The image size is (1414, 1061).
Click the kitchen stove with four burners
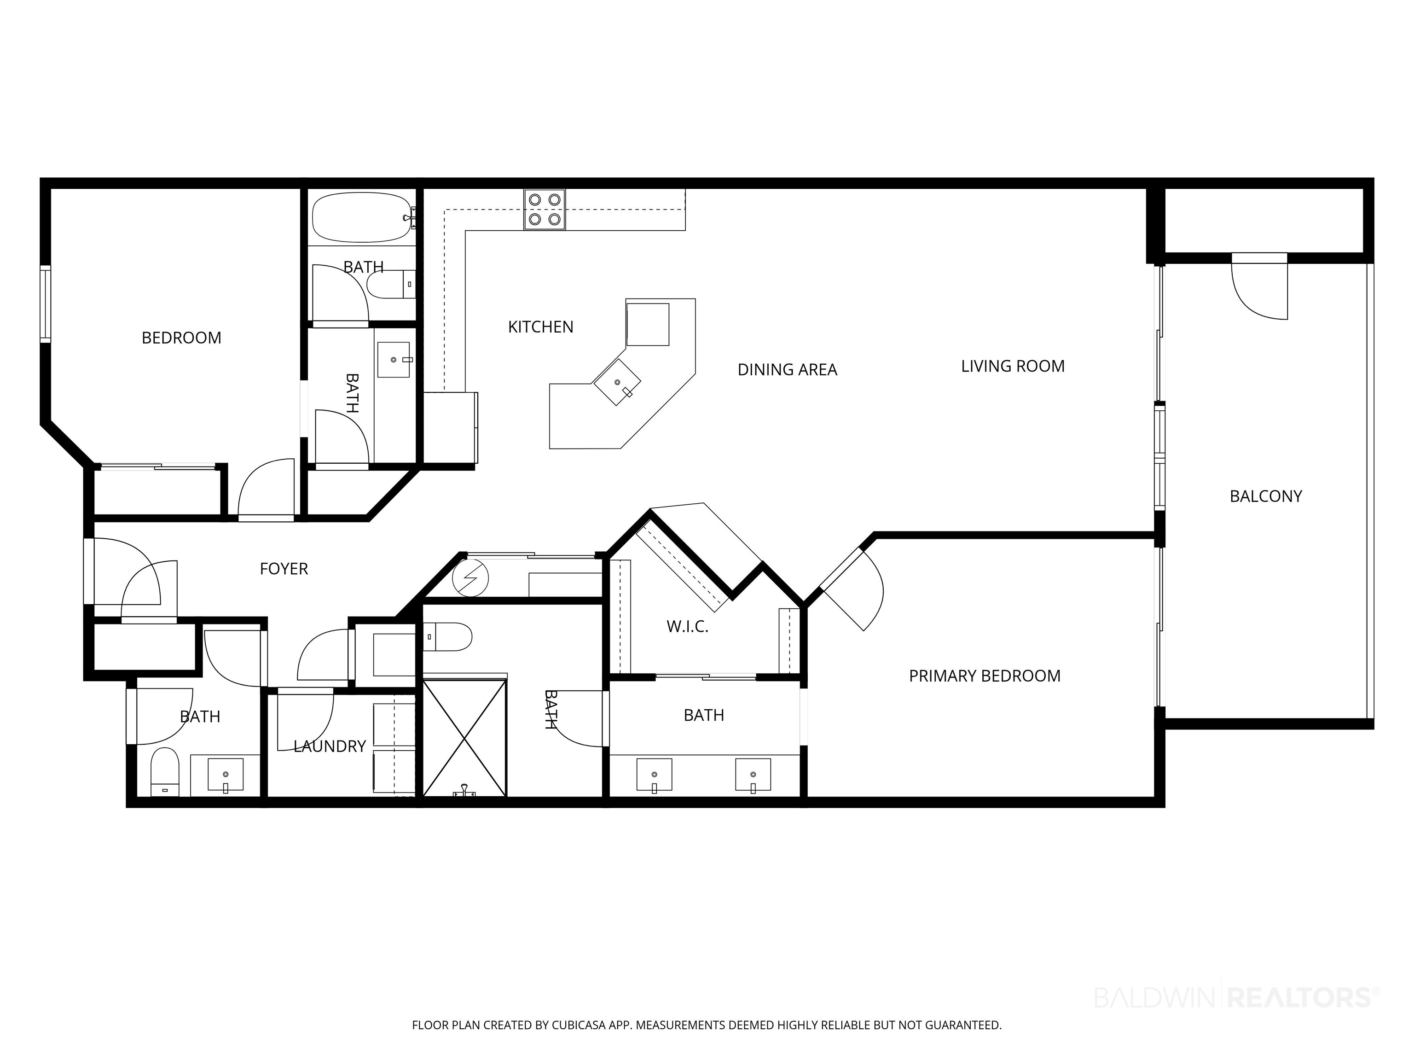(545, 210)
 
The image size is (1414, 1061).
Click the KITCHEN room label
(541, 327)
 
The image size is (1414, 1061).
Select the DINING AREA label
(787, 370)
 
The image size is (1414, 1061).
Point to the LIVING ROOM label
(1013, 367)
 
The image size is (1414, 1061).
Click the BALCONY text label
(1266, 496)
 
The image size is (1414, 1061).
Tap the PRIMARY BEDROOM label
(985, 676)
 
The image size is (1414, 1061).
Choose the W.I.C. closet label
(687, 627)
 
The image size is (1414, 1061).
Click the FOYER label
(284, 569)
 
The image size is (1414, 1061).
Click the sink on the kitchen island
(617, 382)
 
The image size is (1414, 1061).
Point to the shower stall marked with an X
(465, 738)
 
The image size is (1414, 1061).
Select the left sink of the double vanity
(654, 775)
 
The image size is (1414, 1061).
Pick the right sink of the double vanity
(753, 775)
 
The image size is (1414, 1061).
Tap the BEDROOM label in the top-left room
(181, 338)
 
